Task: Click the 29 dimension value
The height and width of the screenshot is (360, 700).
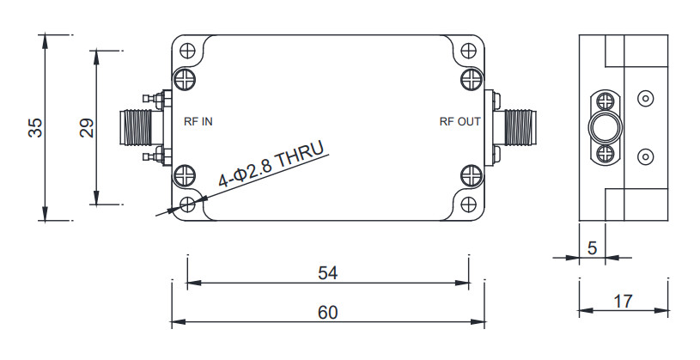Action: [x=86, y=127]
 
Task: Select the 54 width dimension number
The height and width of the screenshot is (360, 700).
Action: [x=327, y=273]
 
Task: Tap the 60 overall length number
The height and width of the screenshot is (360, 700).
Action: [x=327, y=312]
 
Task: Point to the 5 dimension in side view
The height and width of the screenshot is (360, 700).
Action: [x=591, y=247]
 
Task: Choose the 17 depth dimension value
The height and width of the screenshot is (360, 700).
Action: [x=624, y=302]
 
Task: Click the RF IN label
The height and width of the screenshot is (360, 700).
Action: [x=198, y=122]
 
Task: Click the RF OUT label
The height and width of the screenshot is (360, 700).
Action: [x=460, y=122]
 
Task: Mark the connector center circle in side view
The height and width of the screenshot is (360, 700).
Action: [x=605, y=128]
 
